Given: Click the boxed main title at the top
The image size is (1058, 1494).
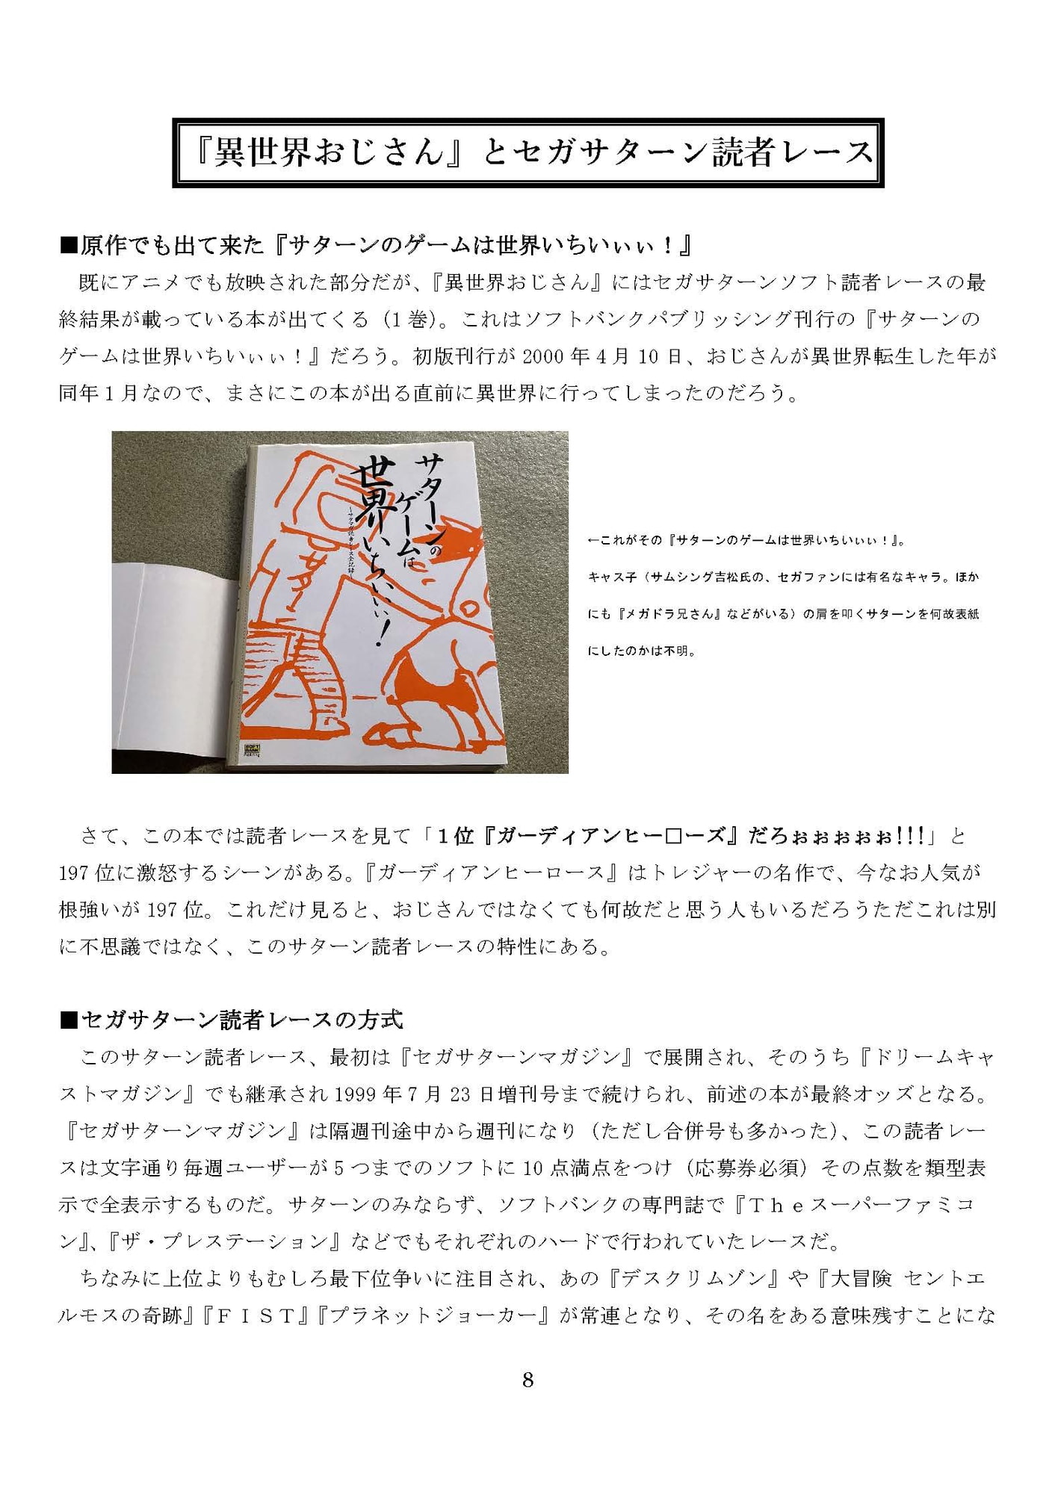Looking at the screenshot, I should pyautogui.click(x=528, y=152).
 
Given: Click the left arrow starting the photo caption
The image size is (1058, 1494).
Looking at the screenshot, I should pyautogui.click(x=594, y=540).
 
